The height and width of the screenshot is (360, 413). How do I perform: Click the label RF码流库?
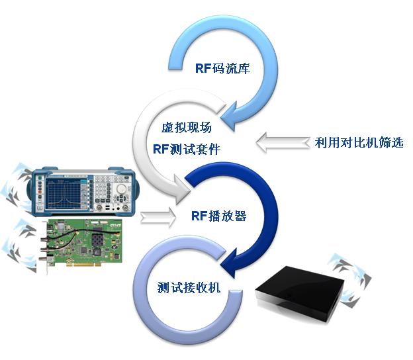coord(222,68)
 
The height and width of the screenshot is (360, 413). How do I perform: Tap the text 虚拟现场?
coord(187,128)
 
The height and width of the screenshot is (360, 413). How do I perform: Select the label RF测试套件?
coord(187,149)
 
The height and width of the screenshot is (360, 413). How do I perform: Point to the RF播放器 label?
coord(219,216)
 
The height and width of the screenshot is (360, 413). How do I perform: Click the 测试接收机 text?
coord(189,287)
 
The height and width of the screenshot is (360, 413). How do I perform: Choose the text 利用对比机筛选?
coord(359,142)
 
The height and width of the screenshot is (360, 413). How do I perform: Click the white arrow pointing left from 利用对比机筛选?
coord(283,142)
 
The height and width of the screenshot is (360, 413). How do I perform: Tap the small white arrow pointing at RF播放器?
coord(158,217)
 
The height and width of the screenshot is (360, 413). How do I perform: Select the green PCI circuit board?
coord(81,241)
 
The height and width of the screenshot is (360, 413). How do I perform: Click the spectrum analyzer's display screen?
coord(64,193)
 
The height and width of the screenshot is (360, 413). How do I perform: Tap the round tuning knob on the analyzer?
coord(121,189)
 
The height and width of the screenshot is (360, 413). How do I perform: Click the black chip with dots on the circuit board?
coord(97,240)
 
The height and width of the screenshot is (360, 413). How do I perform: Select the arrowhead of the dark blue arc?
coord(228,263)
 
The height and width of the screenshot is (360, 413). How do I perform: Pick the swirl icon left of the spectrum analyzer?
coord(17,188)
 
